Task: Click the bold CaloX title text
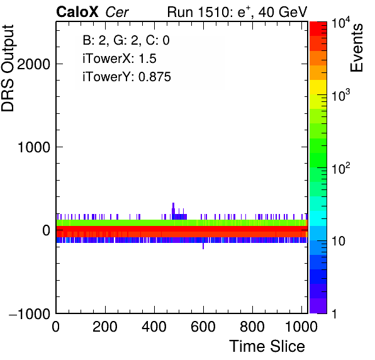click(x=77, y=12)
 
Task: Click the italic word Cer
click(x=117, y=12)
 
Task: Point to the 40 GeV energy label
click(x=283, y=12)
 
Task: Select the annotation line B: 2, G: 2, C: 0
click(x=126, y=40)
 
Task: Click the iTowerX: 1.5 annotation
click(x=120, y=59)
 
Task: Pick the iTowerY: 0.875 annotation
click(x=126, y=77)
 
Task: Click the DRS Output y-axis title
click(x=8, y=68)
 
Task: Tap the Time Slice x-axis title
click(x=267, y=346)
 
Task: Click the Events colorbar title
click(x=356, y=48)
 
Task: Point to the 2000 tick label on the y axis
click(x=33, y=64)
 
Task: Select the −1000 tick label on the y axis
click(x=30, y=313)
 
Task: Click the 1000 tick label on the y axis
click(x=34, y=147)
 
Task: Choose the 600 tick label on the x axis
click(x=203, y=327)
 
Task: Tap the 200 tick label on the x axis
click(x=105, y=327)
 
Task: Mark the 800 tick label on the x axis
click(x=252, y=327)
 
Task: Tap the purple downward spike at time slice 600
click(x=203, y=246)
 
